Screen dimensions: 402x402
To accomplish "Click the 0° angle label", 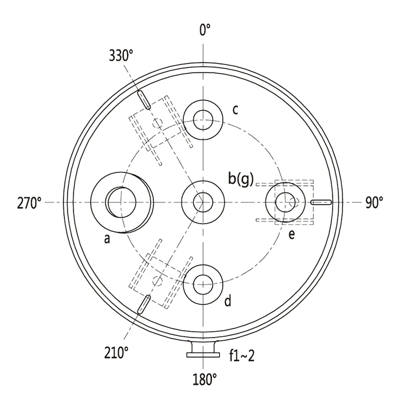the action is (x=205, y=30).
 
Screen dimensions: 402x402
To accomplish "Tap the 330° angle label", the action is (x=121, y=55).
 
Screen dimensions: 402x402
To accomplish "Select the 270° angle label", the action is (x=29, y=203).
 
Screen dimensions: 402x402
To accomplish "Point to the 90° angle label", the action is (x=374, y=203).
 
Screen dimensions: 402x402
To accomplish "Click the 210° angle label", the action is (x=116, y=353).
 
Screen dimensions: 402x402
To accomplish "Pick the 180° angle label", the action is (x=205, y=379).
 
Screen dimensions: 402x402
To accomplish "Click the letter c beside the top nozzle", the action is (x=235, y=110).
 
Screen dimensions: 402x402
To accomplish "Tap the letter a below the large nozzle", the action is (x=107, y=239).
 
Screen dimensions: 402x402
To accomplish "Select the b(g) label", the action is (x=241, y=179).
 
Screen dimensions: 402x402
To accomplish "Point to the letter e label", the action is (x=291, y=234).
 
